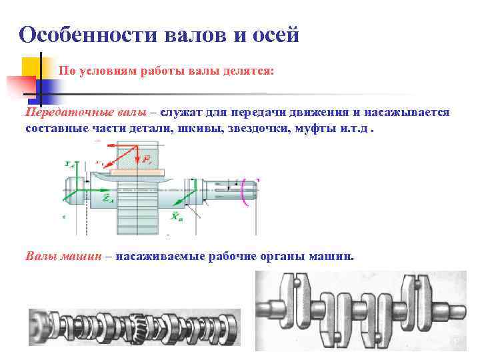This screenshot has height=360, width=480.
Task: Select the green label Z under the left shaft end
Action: pyautogui.click(x=107, y=198)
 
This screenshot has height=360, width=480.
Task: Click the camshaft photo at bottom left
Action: pyautogui.click(x=133, y=327)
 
